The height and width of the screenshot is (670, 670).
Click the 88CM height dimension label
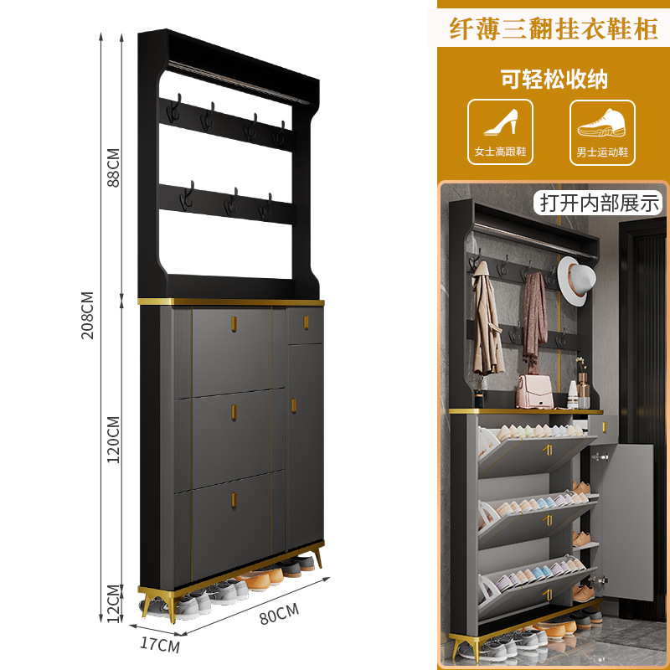click(x=114, y=167)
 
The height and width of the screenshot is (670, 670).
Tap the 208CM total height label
click(x=87, y=315)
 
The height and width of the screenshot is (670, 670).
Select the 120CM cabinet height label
click(x=114, y=439)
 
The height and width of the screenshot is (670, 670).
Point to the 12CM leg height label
click(x=114, y=600)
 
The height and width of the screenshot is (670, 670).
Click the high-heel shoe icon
click(x=500, y=123)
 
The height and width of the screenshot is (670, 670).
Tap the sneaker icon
click(x=602, y=123)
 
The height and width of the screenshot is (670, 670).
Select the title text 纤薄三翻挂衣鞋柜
click(x=553, y=28)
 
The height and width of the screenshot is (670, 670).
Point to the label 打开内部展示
click(x=600, y=202)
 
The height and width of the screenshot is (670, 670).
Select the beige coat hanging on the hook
click(x=487, y=327)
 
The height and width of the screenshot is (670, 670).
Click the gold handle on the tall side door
click(x=294, y=405)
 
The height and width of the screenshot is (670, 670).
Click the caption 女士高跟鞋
click(x=500, y=152)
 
